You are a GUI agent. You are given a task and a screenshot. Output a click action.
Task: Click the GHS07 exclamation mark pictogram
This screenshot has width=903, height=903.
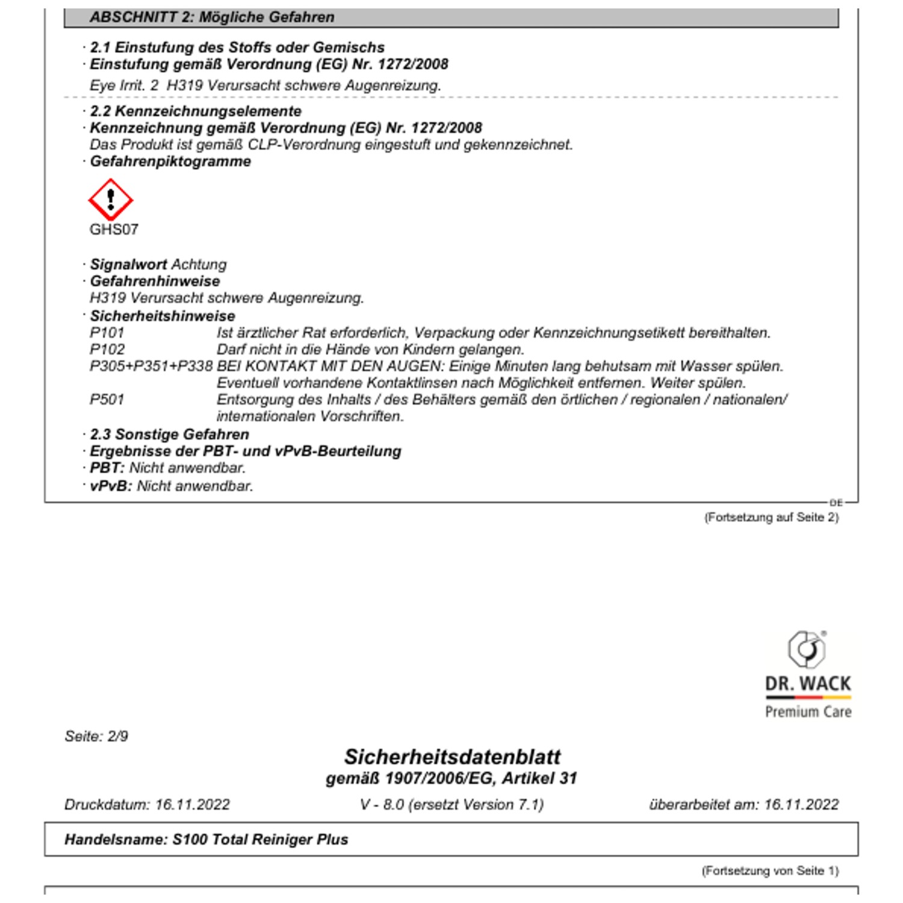click(110, 199)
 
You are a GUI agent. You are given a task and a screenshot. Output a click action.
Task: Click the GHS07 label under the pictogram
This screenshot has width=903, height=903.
click(114, 229)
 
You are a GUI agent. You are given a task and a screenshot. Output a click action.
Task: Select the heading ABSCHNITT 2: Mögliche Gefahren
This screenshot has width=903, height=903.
click(212, 17)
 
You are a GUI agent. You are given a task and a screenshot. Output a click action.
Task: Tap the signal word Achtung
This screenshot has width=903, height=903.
click(199, 264)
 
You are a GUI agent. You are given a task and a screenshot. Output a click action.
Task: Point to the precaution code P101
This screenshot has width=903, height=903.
click(107, 332)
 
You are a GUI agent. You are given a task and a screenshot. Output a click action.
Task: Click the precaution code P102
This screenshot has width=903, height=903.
click(107, 349)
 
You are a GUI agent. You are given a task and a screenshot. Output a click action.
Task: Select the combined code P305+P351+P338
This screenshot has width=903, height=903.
click(151, 366)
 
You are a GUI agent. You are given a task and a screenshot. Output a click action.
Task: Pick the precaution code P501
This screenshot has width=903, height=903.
click(107, 400)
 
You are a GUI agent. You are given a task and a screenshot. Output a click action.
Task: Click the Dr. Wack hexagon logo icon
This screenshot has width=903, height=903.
click(807, 649)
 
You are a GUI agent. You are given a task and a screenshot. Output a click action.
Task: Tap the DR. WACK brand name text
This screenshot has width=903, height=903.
click(808, 684)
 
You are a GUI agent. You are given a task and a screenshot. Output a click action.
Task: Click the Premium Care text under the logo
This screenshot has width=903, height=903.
click(808, 712)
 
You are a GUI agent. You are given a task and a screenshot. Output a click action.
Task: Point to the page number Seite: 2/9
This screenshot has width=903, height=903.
click(96, 736)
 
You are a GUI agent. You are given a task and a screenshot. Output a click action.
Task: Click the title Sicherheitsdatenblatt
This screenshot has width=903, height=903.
click(451, 757)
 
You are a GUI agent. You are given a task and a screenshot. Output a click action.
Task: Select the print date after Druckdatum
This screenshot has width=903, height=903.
click(193, 805)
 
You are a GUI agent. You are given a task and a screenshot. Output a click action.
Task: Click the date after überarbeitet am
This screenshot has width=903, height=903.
click(801, 805)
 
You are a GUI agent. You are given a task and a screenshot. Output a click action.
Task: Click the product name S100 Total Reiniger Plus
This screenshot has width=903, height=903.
click(260, 839)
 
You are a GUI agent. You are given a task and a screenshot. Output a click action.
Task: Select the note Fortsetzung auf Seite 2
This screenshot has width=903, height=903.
click(771, 517)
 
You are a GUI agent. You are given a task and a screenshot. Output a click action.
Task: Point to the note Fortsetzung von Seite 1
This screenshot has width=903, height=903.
click(770, 870)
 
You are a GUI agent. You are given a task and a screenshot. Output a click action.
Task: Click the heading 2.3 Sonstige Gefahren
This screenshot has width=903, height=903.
click(169, 434)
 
